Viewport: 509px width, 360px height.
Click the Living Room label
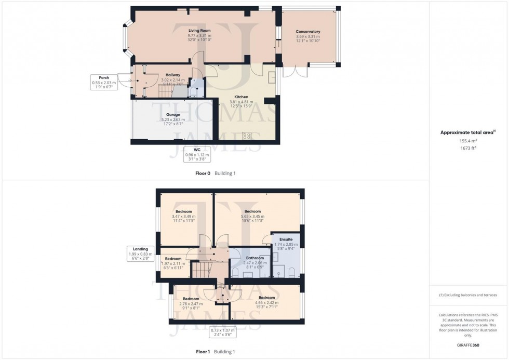[199, 31]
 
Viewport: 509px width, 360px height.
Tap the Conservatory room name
[308, 32]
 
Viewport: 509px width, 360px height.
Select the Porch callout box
[104, 82]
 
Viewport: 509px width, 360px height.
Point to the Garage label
[173, 114]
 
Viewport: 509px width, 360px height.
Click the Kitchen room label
[240, 97]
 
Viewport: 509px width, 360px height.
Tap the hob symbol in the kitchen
[247, 136]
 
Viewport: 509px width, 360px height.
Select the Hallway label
[173, 75]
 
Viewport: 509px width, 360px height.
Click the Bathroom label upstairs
[254, 258]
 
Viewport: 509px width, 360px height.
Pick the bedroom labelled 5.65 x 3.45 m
[252, 211]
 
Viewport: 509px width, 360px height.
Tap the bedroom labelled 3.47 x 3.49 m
[183, 211]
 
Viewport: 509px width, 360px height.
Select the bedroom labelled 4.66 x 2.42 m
[267, 298]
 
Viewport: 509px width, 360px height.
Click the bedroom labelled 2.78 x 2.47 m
[191, 299]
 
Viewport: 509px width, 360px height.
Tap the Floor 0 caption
[203, 174]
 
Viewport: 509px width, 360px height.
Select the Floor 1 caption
[203, 352]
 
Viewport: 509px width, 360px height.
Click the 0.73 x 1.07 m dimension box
[222, 332]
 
